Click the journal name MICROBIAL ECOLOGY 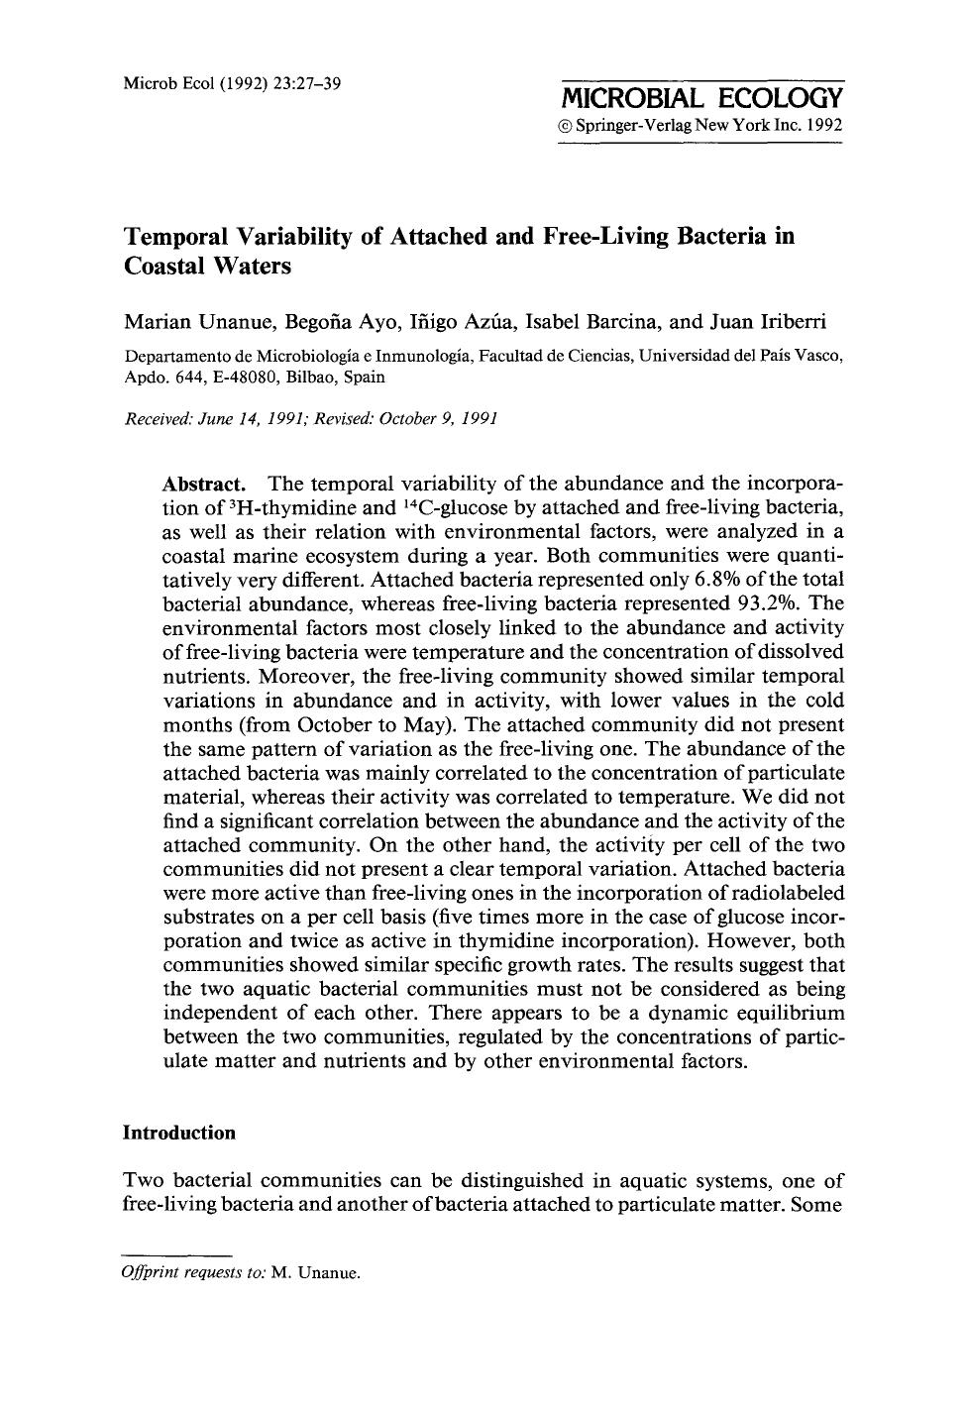[701, 98]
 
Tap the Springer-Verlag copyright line [700, 127]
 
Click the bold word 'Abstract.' [203, 485]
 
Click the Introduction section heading [179, 1133]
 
